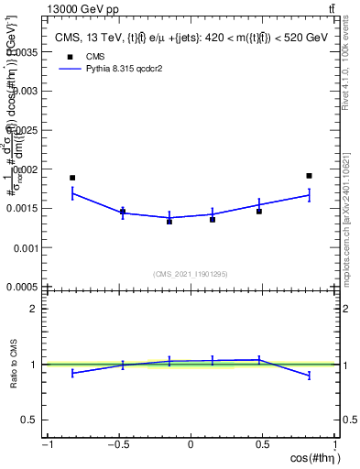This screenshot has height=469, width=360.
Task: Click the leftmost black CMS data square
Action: [72, 178]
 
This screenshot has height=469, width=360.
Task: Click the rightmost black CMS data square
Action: [310, 176]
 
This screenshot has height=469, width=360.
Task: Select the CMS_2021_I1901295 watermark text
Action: [191, 273]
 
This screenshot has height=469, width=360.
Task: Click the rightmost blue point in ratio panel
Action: [310, 376]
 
